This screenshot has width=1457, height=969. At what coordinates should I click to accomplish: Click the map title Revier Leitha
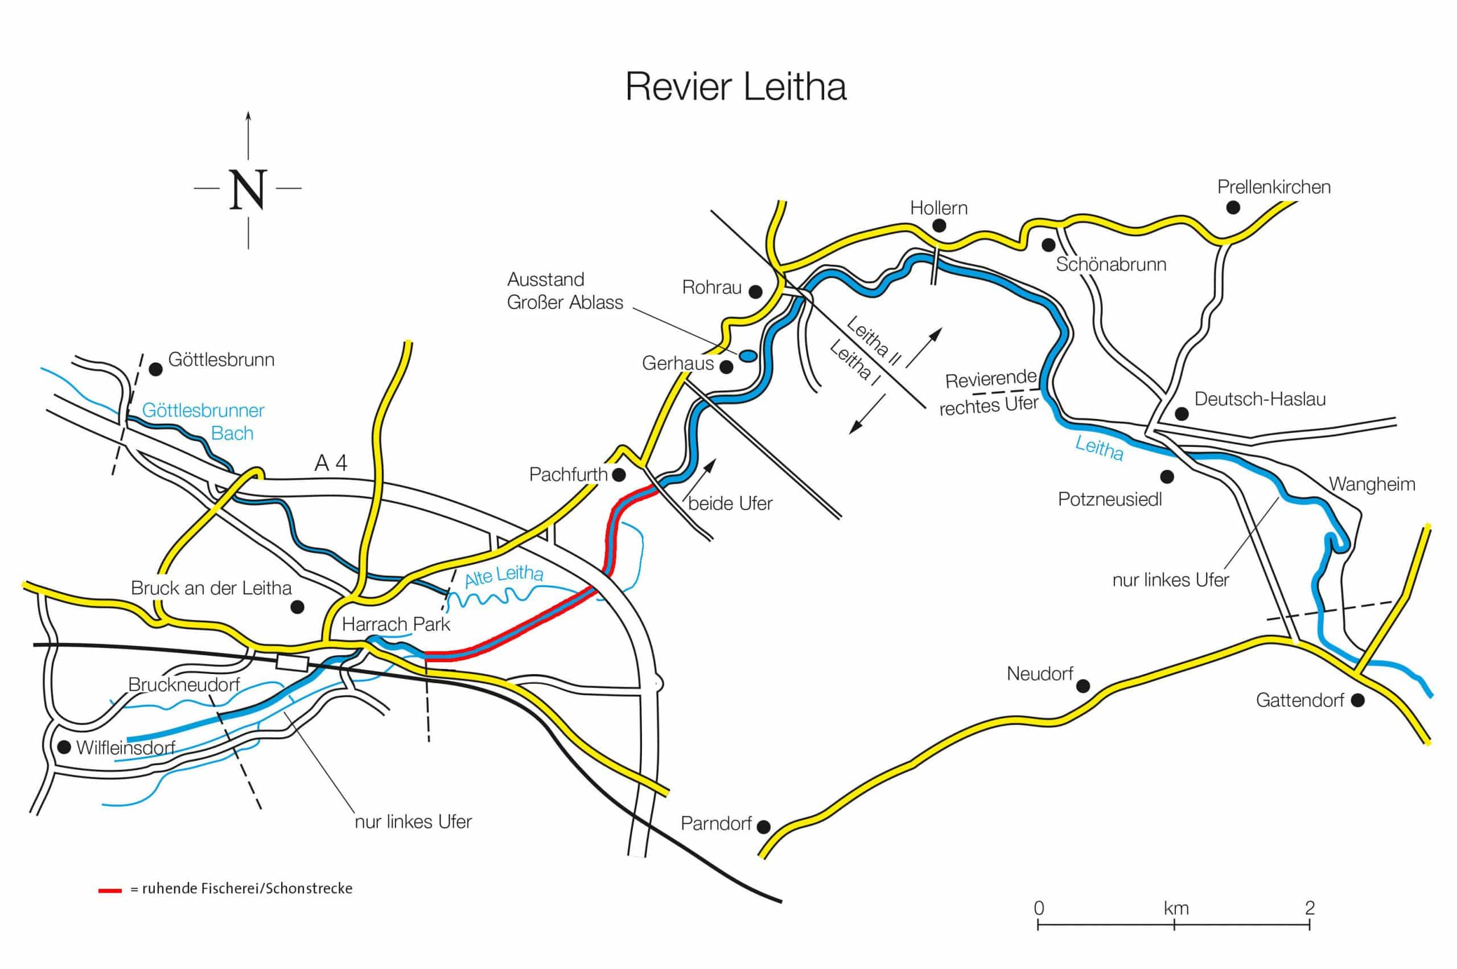(735, 87)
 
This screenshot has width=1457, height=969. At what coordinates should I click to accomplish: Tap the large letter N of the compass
(248, 189)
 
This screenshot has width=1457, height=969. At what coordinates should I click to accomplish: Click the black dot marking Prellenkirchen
(1233, 208)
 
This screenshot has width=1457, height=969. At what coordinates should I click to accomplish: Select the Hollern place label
(938, 208)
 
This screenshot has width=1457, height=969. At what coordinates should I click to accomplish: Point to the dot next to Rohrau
(755, 290)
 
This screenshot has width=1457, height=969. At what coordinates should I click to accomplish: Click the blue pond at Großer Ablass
(747, 355)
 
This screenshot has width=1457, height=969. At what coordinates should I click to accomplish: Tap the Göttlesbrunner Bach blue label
(203, 421)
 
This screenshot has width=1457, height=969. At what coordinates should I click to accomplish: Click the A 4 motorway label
(331, 463)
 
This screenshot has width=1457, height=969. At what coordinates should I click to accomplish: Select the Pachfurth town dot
(618, 475)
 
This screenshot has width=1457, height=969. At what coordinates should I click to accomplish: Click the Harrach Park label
(396, 624)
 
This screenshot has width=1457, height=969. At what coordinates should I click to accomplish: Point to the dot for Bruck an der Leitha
(297, 606)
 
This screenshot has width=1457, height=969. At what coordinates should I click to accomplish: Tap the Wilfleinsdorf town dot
(64, 747)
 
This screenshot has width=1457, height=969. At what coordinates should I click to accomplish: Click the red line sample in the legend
(110, 890)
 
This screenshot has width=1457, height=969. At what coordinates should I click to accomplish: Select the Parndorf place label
(716, 824)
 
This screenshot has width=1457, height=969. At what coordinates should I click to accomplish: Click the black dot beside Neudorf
(1083, 685)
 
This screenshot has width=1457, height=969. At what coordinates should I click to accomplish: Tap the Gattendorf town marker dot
(1357, 700)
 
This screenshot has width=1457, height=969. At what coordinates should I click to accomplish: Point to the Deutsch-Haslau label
(1260, 399)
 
